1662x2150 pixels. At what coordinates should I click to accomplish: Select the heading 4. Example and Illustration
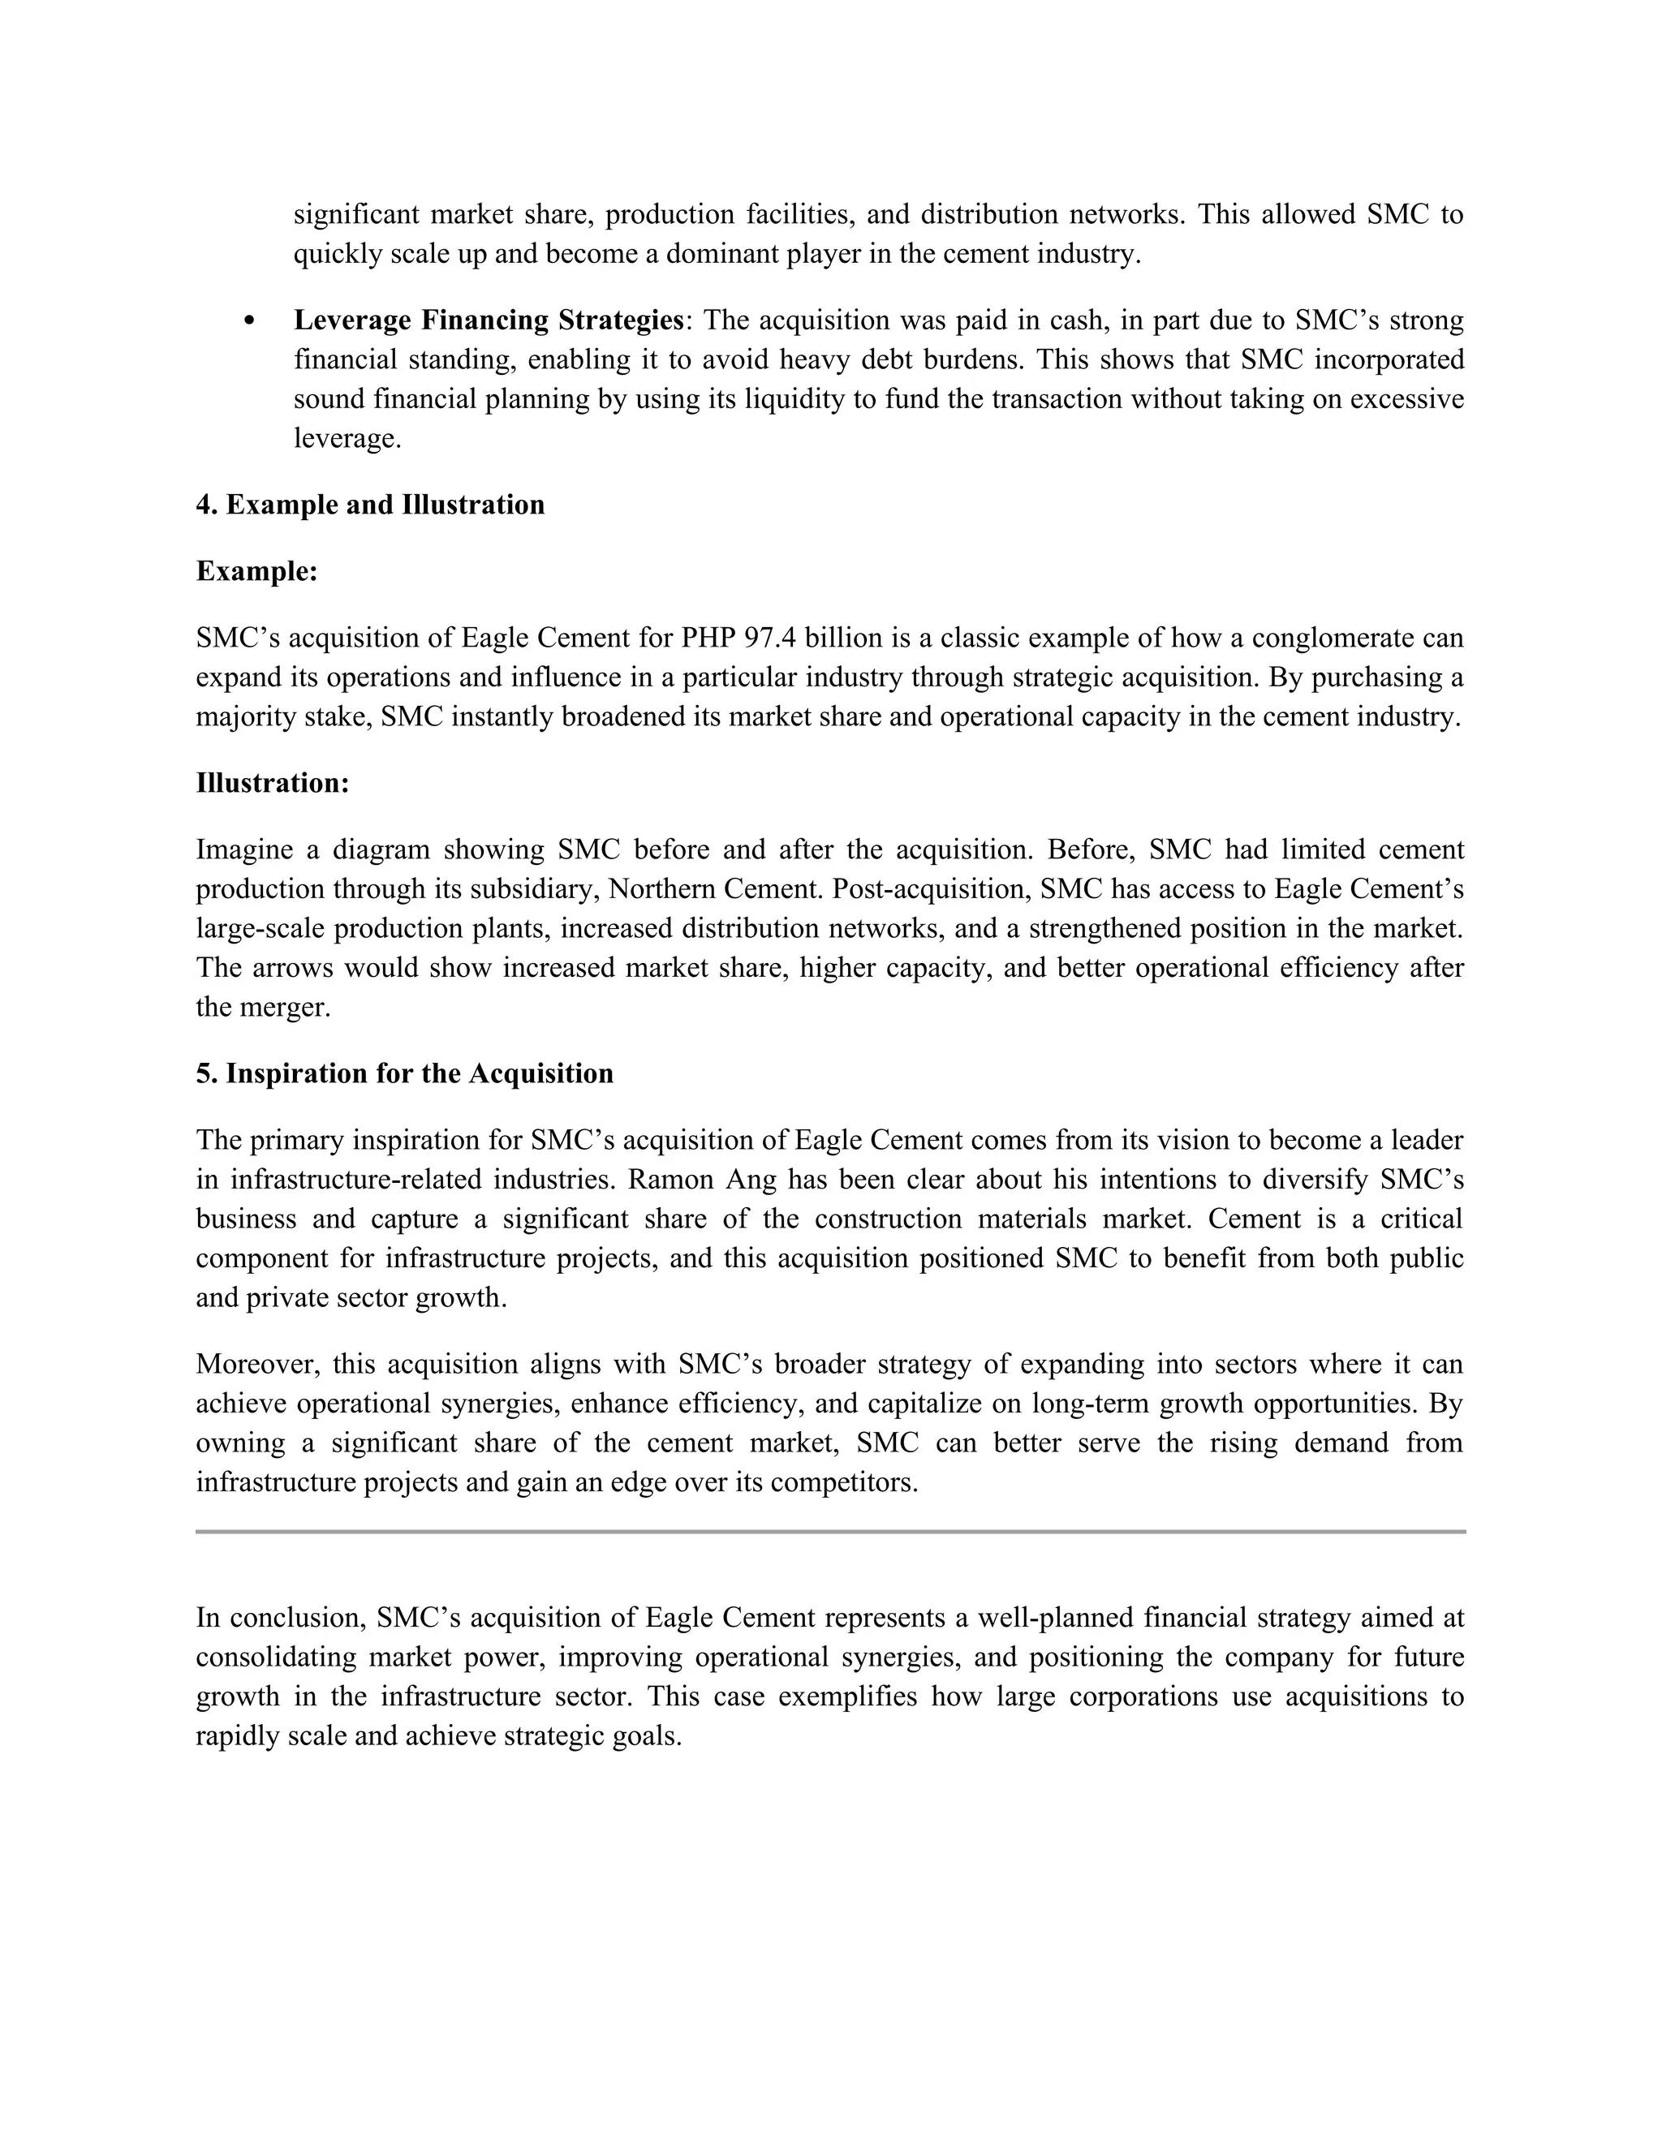[369, 505]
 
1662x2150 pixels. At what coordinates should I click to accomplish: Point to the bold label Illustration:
[273, 784]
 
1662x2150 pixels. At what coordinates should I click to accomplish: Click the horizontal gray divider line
[830, 1532]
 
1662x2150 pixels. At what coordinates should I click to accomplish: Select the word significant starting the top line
[355, 215]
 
